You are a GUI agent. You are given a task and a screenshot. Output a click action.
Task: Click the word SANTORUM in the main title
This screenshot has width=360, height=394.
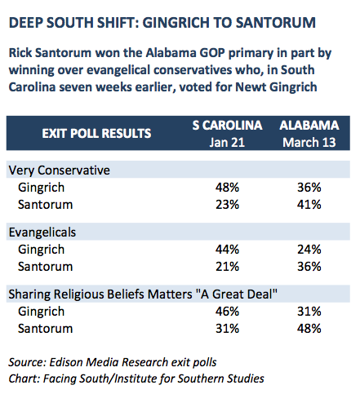275,23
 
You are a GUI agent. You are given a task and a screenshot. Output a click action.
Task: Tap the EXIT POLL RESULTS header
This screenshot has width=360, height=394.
96,133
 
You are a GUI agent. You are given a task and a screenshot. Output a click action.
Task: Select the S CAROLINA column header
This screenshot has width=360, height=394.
227,125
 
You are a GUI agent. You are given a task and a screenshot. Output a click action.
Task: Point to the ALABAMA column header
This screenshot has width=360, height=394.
309,125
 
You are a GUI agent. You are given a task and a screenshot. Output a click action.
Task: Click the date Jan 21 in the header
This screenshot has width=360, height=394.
227,142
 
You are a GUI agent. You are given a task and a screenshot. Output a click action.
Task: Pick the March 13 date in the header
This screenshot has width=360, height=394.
309,142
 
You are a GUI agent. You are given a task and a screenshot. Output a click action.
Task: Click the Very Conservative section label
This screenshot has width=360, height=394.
60,170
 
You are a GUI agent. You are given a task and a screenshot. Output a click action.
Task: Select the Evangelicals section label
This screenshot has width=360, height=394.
42,232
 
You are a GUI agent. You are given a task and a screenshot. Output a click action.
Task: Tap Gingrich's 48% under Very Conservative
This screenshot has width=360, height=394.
227,188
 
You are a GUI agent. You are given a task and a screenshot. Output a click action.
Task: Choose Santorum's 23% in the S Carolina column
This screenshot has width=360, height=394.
227,205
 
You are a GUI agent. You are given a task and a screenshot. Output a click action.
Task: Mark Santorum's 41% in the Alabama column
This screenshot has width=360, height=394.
309,205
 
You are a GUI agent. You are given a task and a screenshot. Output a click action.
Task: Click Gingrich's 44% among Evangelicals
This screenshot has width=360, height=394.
227,250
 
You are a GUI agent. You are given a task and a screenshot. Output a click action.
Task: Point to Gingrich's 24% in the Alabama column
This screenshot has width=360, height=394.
309,250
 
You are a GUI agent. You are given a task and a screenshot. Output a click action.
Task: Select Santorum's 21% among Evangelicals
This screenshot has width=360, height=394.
227,267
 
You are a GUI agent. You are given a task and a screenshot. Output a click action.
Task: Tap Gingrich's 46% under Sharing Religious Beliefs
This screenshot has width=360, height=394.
227,312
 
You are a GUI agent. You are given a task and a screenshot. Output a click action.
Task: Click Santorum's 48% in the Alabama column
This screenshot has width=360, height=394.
309,329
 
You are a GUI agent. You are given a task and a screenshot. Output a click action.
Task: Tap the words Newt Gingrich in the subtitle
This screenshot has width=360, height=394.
276,87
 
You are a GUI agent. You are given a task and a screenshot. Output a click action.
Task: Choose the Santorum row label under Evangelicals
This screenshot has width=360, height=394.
45,267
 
